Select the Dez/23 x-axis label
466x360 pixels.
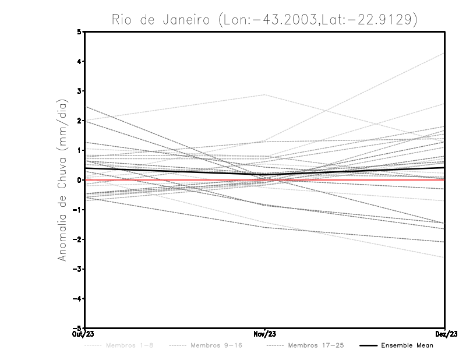point(446,334)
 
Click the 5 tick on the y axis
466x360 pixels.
point(80,32)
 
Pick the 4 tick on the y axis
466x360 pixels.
point(80,61)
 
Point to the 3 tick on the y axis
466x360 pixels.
point(80,91)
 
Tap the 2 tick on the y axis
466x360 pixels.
point(80,121)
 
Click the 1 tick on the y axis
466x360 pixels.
point(80,150)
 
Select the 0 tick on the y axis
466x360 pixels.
point(80,180)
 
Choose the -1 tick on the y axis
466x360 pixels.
point(78,210)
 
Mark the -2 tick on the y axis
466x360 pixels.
point(78,239)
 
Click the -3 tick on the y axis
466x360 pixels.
point(78,269)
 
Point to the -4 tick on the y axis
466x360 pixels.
point(78,298)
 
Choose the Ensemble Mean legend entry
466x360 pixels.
point(408,345)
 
